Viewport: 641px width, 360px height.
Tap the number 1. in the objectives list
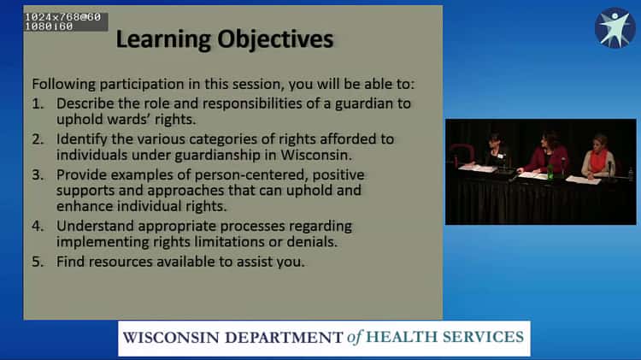coord(38,103)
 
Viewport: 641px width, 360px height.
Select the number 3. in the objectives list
coord(38,174)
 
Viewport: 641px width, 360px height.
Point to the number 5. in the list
coord(38,262)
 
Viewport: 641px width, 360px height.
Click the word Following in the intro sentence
coord(62,86)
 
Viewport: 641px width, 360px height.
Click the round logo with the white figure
coord(615,27)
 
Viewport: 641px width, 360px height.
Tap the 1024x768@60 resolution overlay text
coord(62,16)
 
